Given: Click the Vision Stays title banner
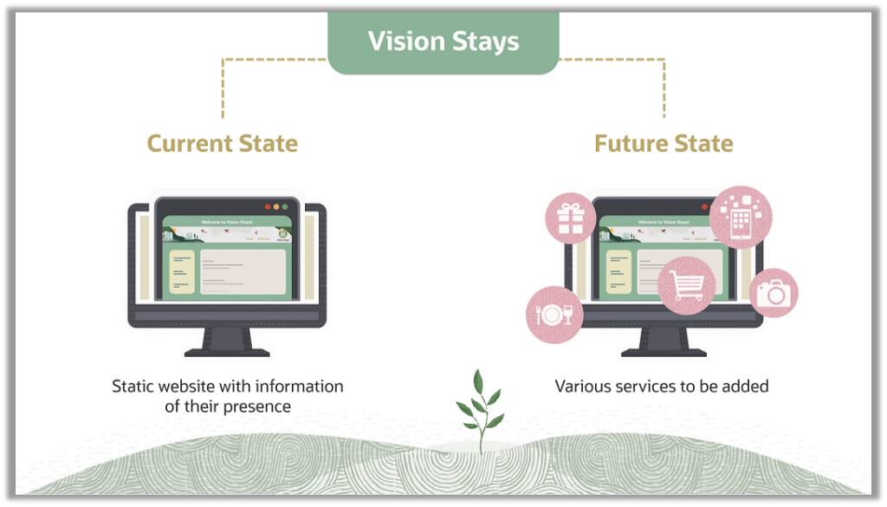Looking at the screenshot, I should pyautogui.click(x=443, y=42).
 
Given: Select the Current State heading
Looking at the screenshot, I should pyautogui.click(x=222, y=143).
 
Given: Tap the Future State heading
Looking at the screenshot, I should pyautogui.click(x=664, y=143).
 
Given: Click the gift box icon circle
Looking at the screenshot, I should pyautogui.click(x=570, y=218).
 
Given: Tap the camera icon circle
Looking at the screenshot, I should pyautogui.click(x=773, y=293).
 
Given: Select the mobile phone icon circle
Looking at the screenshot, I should pyautogui.click(x=741, y=217).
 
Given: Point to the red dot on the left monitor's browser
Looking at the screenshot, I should pyautogui.click(x=268, y=207).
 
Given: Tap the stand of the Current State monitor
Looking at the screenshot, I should pyautogui.click(x=227, y=341).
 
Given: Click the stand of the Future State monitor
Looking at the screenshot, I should pyautogui.click(x=664, y=341).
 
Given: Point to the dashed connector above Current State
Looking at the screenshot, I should pyautogui.click(x=223, y=87).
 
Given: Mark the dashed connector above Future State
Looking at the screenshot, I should pyautogui.click(x=664, y=87).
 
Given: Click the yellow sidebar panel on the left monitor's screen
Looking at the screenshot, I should pyautogui.click(x=182, y=272).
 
